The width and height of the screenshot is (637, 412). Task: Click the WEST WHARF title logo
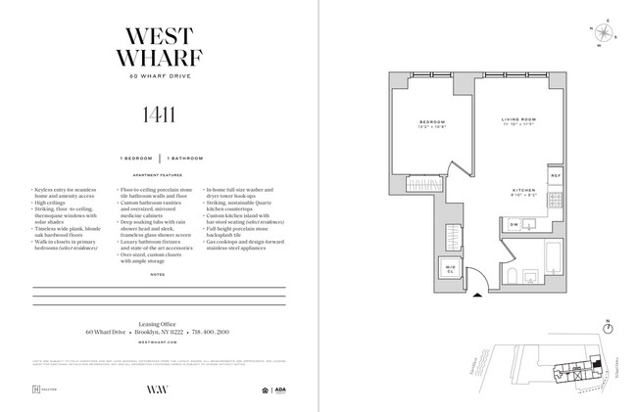coord(159,46)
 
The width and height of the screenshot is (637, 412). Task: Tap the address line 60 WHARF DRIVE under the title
coord(159,76)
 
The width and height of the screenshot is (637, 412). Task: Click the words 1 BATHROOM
coord(186,157)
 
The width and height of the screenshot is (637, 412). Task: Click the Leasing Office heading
coord(159,320)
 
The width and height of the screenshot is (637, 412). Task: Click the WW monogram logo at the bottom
coord(159,389)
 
